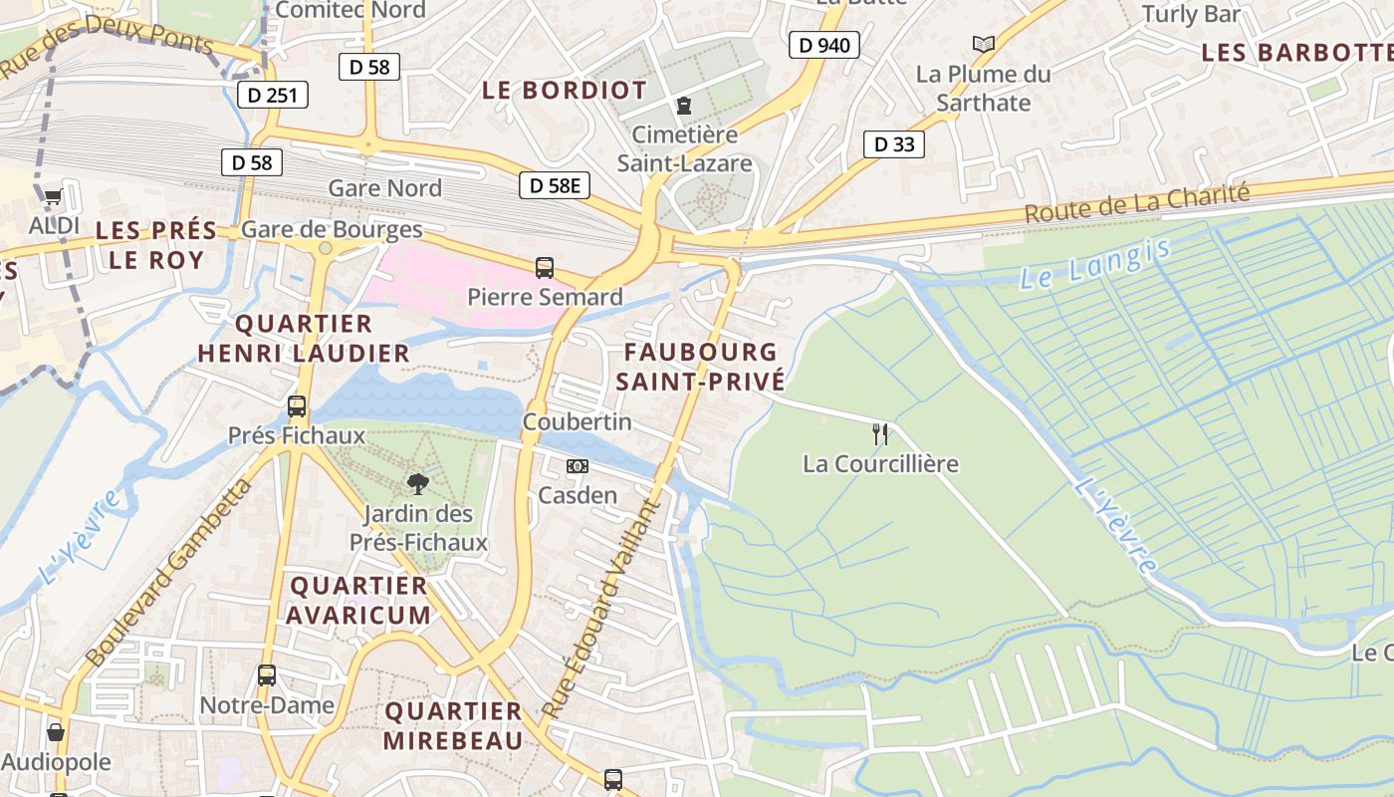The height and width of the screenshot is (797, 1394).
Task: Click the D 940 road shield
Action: tap(823, 44)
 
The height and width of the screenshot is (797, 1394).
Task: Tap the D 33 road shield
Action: tap(893, 144)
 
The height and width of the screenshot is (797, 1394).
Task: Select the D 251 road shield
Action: tap(273, 95)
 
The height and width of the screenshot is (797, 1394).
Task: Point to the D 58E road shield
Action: tap(555, 184)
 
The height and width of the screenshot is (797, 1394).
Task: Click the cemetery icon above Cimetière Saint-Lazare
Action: tap(684, 105)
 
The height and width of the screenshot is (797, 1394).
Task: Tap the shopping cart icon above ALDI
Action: tap(53, 196)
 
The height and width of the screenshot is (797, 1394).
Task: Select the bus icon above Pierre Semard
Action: tap(545, 267)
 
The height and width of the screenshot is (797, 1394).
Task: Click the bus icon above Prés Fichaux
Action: tap(297, 405)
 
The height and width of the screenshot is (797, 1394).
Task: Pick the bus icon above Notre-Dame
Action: tap(267, 674)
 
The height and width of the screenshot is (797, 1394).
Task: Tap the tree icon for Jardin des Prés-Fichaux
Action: tap(418, 484)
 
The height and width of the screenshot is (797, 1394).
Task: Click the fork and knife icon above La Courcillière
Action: tap(880, 433)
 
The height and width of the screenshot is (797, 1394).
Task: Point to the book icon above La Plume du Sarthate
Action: tap(984, 44)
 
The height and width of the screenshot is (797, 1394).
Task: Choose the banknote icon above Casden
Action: tap(578, 465)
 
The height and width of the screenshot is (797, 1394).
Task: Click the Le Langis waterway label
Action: tap(1094, 262)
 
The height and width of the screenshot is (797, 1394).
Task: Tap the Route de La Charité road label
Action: tap(1136, 203)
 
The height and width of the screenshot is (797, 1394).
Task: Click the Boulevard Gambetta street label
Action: tap(169, 573)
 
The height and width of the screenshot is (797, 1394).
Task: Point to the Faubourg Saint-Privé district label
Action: tap(700, 366)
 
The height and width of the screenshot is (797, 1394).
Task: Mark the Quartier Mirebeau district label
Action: tap(453, 725)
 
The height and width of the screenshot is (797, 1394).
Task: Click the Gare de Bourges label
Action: tap(332, 230)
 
